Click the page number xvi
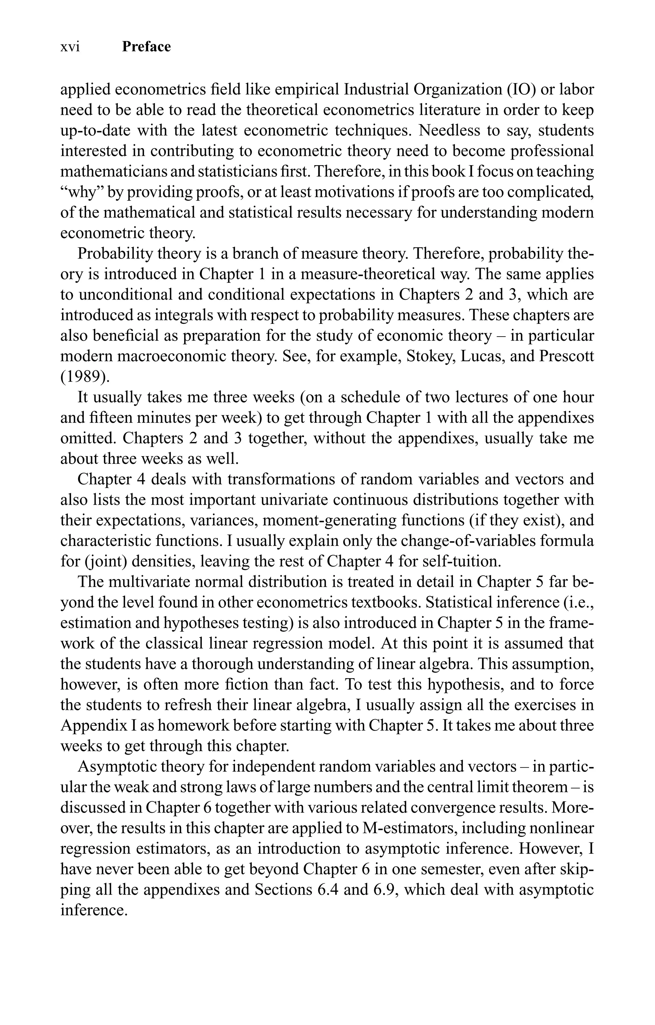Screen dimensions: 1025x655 pos(70,47)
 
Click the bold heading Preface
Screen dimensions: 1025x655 pos(146,47)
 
